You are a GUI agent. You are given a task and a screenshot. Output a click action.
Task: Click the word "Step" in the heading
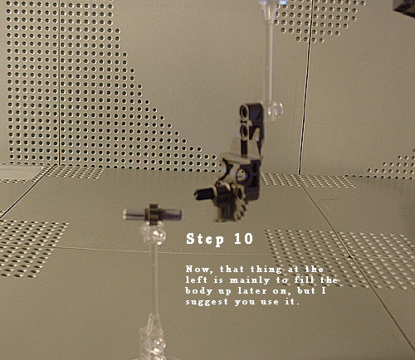click(x=205, y=240)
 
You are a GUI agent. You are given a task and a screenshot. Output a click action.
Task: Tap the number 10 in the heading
click(x=244, y=239)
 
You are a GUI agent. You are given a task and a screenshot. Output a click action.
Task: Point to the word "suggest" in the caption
click(x=207, y=302)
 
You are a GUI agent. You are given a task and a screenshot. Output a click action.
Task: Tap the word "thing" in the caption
click(x=266, y=270)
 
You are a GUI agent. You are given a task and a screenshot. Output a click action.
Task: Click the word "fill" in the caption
click(x=305, y=280)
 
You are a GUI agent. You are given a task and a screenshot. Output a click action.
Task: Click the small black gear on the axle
click(x=152, y=214)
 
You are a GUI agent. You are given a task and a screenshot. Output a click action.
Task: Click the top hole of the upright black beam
click(x=244, y=111)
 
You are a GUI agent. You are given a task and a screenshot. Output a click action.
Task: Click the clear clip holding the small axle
click(x=153, y=233)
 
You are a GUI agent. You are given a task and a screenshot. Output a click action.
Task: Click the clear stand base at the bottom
click(x=153, y=340)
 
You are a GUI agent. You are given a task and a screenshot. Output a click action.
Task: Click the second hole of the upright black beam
click(x=245, y=131)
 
